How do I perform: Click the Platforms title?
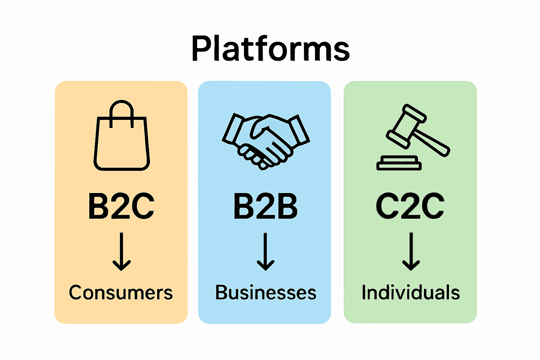[270, 49]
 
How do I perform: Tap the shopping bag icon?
[122, 141]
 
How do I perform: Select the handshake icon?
[265, 141]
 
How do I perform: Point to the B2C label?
[121, 206]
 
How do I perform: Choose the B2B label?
[265, 206]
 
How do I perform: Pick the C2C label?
[410, 206]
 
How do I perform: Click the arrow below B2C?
[122, 251]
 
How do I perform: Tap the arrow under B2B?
[265, 251]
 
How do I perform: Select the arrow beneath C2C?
[411, 251]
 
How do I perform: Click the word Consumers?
[121, 293]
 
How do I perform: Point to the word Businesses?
[265, 293]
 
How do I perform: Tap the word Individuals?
[411, 293]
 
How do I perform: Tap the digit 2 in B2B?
[265, 206]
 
